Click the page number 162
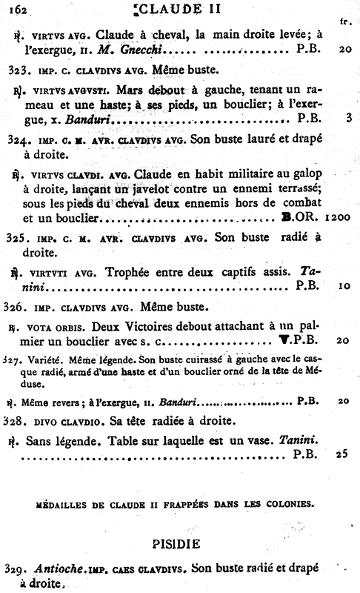coord(15,9)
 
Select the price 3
coord(347,117)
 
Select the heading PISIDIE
coord(181,543)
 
